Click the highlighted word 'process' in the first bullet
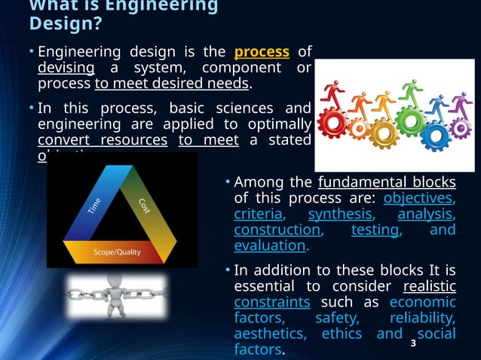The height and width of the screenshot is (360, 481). point(262,52)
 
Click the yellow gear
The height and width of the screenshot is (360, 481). point(382,133)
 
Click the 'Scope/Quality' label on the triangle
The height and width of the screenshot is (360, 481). point(117,252)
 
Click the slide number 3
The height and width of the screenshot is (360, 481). point(412,344)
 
